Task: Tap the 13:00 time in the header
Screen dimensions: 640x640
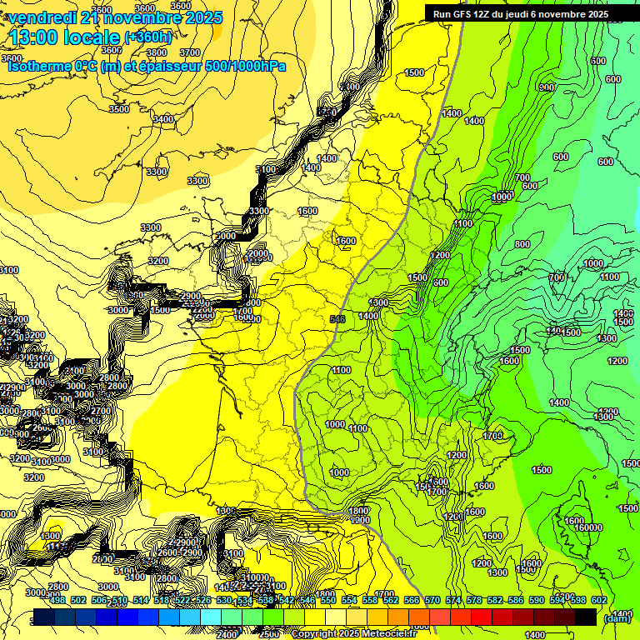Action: click(37, 37)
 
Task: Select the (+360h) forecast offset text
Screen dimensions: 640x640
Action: click(147, 37)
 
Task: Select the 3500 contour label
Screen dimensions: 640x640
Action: click(119, 109)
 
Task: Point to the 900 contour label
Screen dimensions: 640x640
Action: click(547, 87)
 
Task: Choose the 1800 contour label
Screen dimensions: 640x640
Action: click(358, 511)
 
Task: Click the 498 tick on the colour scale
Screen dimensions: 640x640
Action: click(57, 599)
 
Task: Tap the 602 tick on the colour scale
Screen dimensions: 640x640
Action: click(599, 599)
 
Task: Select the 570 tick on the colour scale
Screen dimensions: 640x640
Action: click(432, 599)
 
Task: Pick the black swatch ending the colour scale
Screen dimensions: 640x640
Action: click(586, 617)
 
